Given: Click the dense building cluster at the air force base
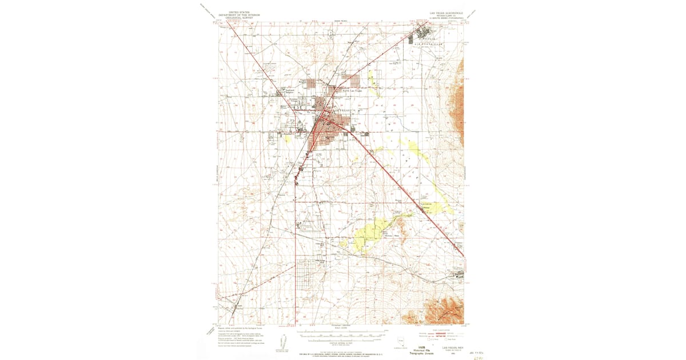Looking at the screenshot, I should click(425, 32).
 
